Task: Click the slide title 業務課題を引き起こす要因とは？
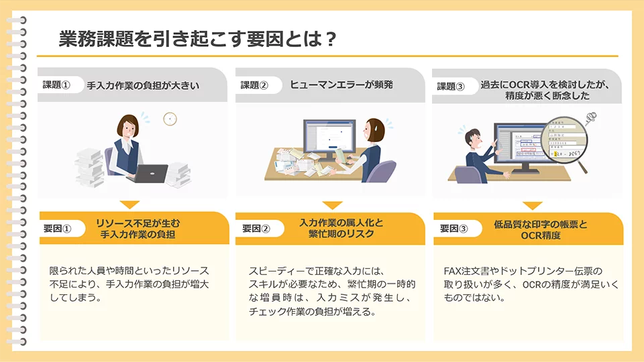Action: click(197, 39)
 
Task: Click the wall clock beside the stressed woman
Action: click(170, 119)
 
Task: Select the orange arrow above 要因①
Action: click(129, 204)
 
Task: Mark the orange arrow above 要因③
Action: click(532, 205)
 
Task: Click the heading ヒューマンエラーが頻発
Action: click(341, 84)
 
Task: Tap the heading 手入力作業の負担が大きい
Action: click(143, 85)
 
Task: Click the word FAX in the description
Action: click(452, 271)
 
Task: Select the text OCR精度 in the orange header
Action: click(541, 235)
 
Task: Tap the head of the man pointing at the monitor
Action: click(474, 139)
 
